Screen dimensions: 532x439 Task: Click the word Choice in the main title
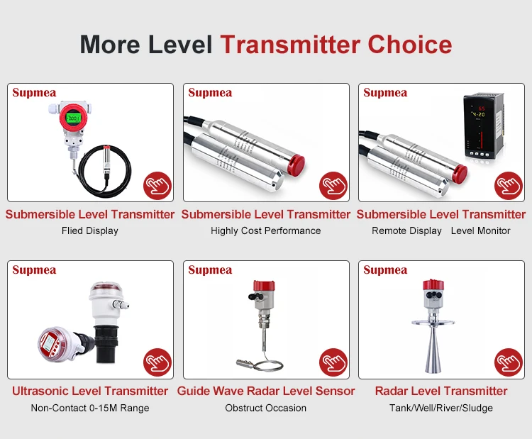[x=410, y=45]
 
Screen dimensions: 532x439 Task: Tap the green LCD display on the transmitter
[x=73, y=118]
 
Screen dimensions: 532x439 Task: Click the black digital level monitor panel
[x=483, y=126]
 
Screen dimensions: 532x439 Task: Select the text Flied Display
[x=90, y=230]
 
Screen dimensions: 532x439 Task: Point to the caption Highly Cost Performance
[x=266, y=230]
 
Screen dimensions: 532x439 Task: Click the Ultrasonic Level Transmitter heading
[x=90, y=391]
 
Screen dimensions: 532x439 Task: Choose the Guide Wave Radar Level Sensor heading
[x=266, y=391]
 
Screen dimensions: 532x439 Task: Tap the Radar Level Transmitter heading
[x=441, y=391]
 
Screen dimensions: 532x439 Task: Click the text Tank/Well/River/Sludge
[x=441, y=408]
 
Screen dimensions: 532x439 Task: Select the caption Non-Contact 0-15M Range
[x=90, y=408]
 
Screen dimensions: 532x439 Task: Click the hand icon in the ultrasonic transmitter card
[x=157, y=362]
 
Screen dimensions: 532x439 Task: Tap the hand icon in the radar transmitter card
[x=509, y=362]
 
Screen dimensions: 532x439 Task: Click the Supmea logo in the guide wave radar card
[x=210, y=270]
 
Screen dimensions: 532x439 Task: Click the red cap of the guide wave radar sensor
[x=264, y=286]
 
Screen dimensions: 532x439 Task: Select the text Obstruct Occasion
[x=266, y=408]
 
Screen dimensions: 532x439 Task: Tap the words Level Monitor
[x=480, y=230]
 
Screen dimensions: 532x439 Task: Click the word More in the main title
[x=110, y=45]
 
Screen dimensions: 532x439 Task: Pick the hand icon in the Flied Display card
[x=157, y=186]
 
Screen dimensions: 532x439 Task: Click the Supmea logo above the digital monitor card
[x=385, y=93]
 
